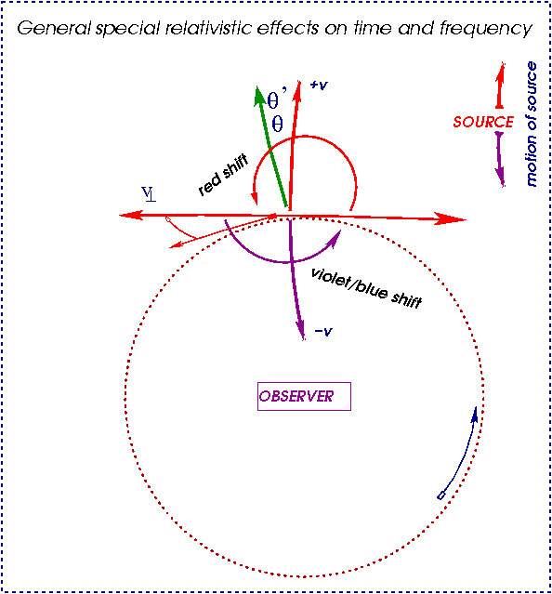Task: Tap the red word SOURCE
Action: (x=483, y=123)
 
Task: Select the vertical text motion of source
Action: (x=532, y=124)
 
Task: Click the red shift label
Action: (x=224, y=176)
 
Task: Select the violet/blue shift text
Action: (x=366, y=287)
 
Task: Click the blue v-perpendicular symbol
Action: (x=148, y=193)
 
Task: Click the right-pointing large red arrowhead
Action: (x=452, y=218)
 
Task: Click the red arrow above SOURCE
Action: (x=501, y=86)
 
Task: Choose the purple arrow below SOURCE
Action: (x=501, y=160)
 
